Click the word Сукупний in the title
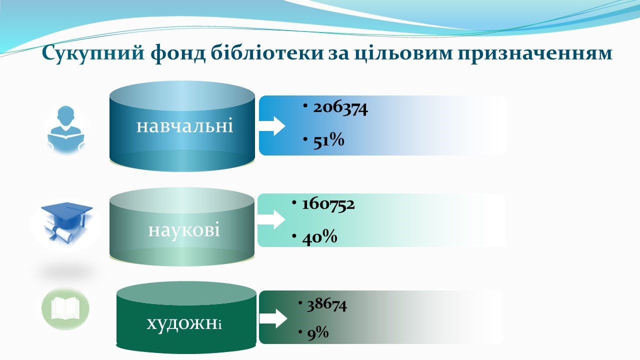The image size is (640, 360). click(x=93, y=53)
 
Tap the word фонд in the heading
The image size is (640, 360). click(x=177, y=53)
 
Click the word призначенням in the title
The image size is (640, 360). click(x=535, y=54)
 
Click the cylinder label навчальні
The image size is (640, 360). click(x=184, y=126)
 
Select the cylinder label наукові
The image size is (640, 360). click(x=184, y=230)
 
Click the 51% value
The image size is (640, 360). click(x=328, y=141)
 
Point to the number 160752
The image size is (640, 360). click(x=328, y=204)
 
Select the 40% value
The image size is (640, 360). click(x=319, y=237)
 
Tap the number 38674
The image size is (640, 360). click(x=326, y=305)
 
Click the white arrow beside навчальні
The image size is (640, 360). click(x=272, y=126)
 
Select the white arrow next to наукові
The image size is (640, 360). click(x=271, y=219)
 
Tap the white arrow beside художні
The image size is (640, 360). click(x=273, y=318)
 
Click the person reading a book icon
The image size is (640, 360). click(x=66, y=128)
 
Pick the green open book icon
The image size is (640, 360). click(x=65, y=308)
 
